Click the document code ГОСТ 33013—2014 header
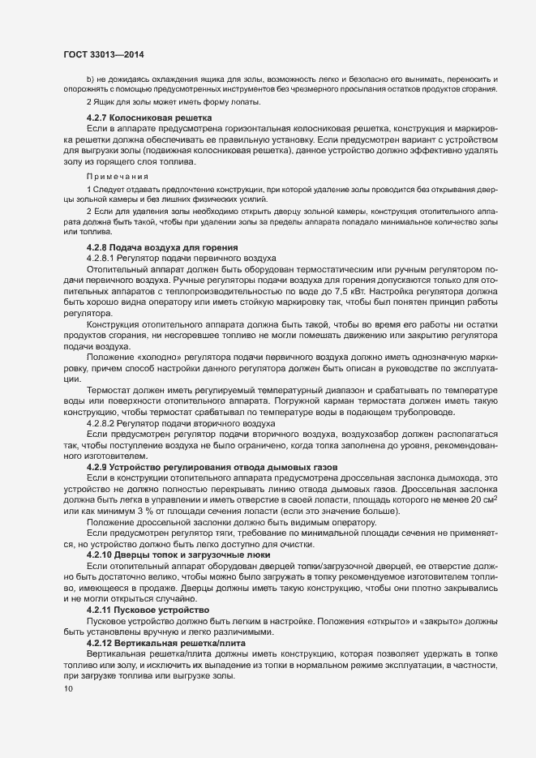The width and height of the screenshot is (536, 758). pos(103,52)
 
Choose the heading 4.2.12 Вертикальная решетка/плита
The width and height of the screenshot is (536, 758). pos(161,641)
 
